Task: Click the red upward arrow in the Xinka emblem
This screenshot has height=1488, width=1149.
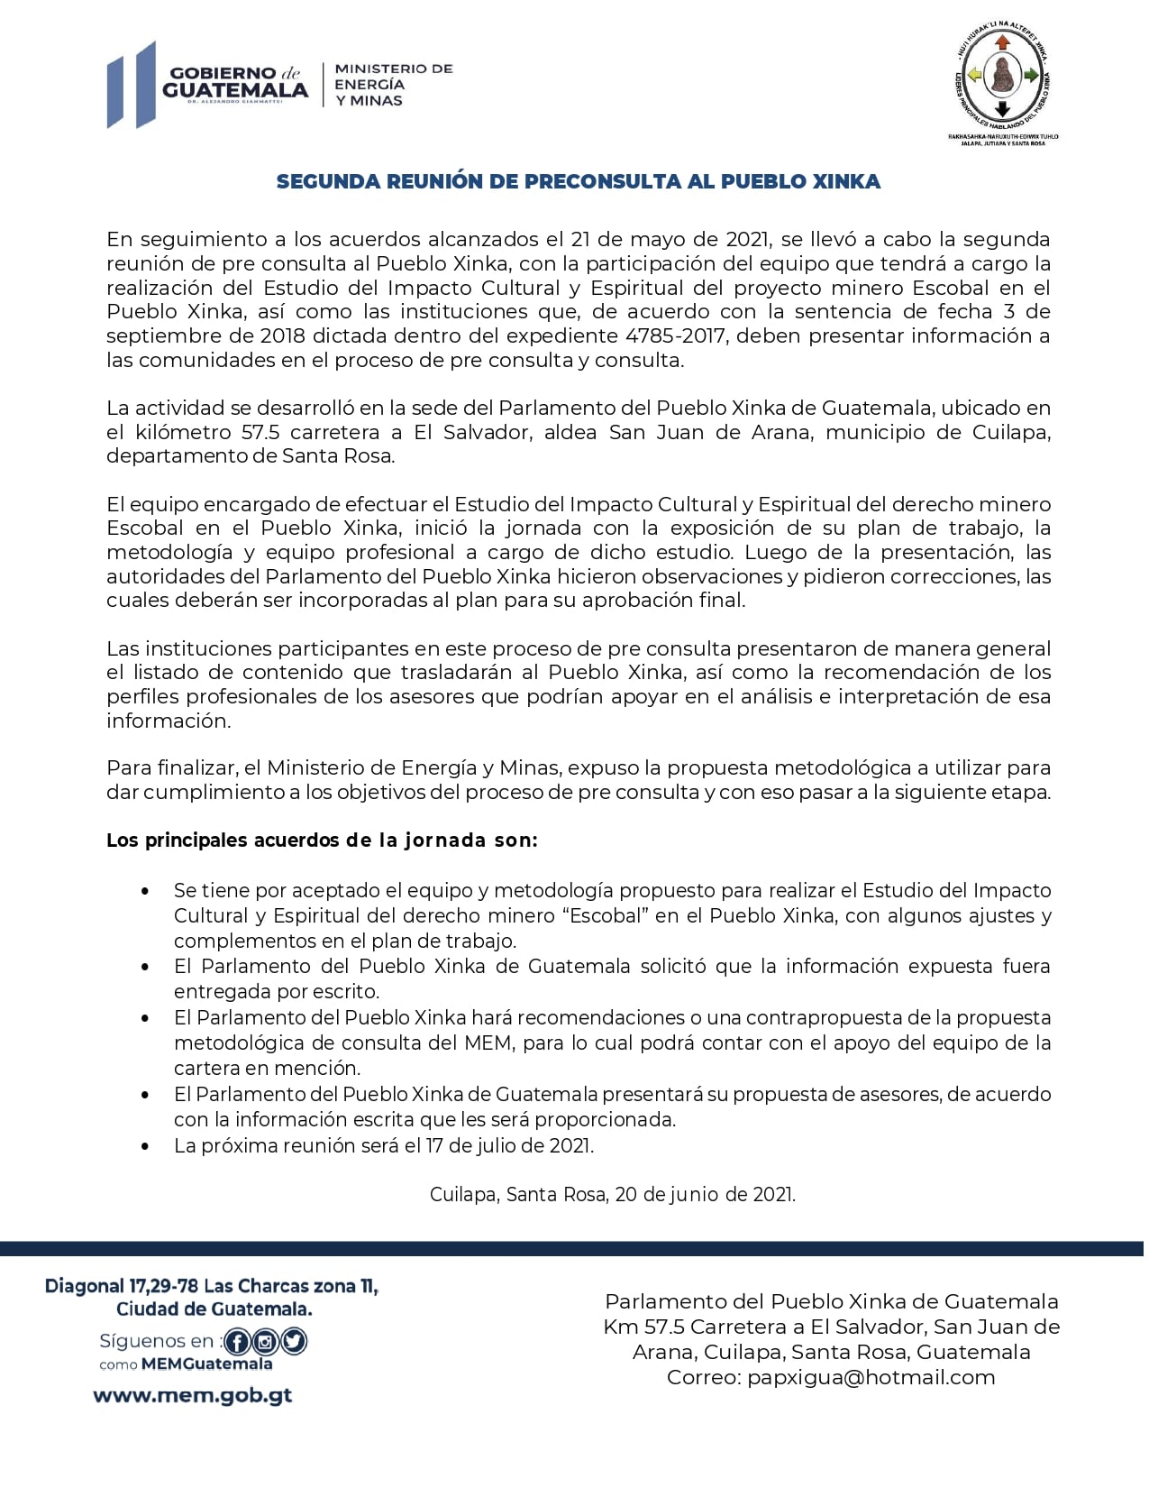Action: click(1002, 42)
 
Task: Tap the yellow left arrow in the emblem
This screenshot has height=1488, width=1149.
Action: click(974, 76)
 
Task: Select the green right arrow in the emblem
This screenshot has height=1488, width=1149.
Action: click(1031, 76)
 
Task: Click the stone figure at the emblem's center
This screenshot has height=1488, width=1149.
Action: click(1002, 76)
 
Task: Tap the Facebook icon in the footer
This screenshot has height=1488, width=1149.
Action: click(237, 1342)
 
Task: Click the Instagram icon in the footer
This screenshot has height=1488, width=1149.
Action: click(266, 1342)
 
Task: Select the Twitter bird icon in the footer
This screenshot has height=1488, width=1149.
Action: click(294, 1342)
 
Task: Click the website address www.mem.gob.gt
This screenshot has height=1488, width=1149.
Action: click(193, 1395)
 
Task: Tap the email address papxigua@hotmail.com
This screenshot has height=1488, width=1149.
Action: click(871, 1377)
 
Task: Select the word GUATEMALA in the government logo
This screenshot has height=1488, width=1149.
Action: click(235, 90)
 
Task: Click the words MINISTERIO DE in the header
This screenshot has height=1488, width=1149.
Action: click(394, 69)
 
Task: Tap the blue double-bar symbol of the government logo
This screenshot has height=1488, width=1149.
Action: click(132, 85)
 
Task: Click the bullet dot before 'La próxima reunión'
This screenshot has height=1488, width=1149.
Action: click(145, 1146)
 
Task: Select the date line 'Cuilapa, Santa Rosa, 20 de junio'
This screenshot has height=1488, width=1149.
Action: click(613, 1195)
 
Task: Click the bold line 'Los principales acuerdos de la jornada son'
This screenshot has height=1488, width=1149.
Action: click(322, 840)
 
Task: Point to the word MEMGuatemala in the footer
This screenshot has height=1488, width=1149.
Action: click(207, 1364)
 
